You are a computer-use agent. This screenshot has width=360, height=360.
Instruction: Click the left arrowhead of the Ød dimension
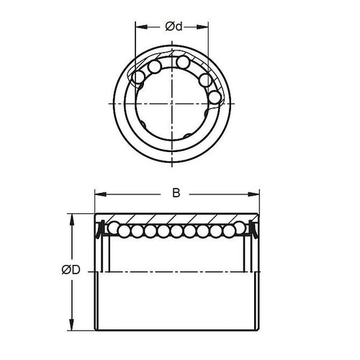point(139,27)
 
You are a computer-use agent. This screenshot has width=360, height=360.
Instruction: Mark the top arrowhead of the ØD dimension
point(71,217)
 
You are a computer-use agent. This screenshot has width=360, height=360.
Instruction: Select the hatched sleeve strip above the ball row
point(176,219)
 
